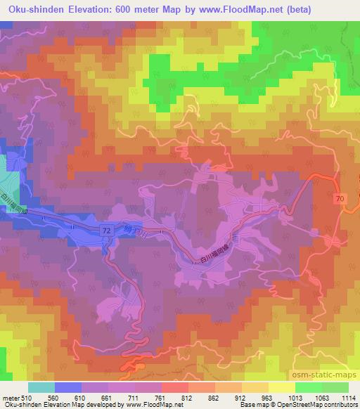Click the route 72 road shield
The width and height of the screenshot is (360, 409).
pos(105,230)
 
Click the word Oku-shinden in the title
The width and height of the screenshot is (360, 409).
pos(30,9)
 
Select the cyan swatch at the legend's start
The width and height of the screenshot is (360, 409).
pos(41,387)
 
